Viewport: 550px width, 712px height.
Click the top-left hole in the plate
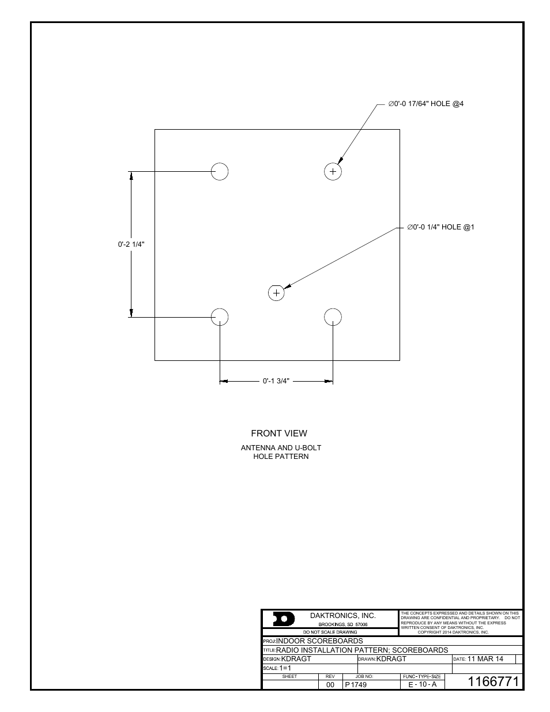(x=220, y=171)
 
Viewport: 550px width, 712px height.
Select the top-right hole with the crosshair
(x=333, y=171)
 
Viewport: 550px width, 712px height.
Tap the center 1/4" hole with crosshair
(x=277, y=293)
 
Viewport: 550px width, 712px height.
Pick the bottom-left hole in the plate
(x=220, y=317)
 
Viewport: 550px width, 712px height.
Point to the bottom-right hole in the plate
(x=333, y=317)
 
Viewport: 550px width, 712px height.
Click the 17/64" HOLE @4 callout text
(x=425, y=104)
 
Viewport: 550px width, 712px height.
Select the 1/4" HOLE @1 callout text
(x=440, y=227)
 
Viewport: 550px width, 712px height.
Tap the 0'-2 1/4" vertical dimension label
(x=131, y=244)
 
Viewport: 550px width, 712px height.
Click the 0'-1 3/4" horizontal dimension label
(x=276, y=381)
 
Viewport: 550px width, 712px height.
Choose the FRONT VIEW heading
(x=279, y=434)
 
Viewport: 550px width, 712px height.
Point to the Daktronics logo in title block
(x=284, y=619)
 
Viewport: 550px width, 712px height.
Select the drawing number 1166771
(x=494, y=681)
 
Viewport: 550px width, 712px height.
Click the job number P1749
(x=356, y=685)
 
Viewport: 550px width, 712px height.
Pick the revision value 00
(x=330, y=685)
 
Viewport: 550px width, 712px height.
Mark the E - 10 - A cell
(x=423, y=685)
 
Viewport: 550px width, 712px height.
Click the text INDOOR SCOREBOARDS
(x=319, y=641)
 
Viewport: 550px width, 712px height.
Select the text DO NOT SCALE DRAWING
(x=330, y=632)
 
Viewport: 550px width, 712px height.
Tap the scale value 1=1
(x=285, y=668)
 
